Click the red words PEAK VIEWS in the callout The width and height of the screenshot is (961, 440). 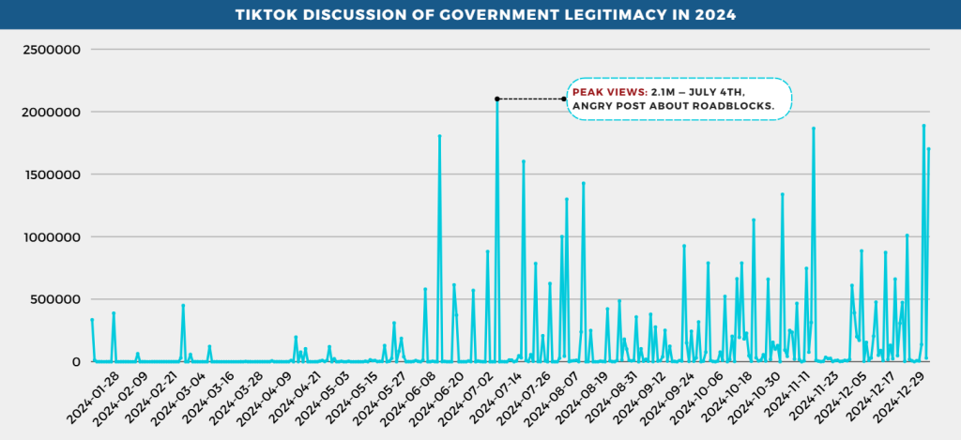pos(607,92)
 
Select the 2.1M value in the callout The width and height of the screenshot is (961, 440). pos(664,92)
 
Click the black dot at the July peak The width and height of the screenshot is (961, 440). pos(497,99)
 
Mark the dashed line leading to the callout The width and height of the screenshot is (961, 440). pos(530,99)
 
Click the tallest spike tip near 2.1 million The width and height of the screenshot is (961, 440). pos(497,102)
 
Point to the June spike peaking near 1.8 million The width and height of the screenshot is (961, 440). pos(439,137)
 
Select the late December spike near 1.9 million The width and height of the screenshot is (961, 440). pos(923,126)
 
